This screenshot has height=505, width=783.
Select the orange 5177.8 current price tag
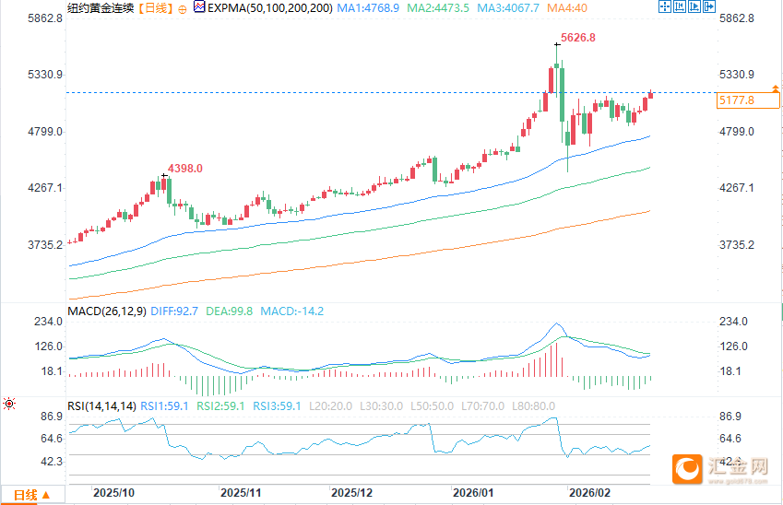[735, 100]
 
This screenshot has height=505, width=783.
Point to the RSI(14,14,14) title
[101, 405]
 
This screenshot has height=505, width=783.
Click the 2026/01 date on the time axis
[471, 494]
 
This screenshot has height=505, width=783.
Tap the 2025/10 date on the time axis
[114, 494]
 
